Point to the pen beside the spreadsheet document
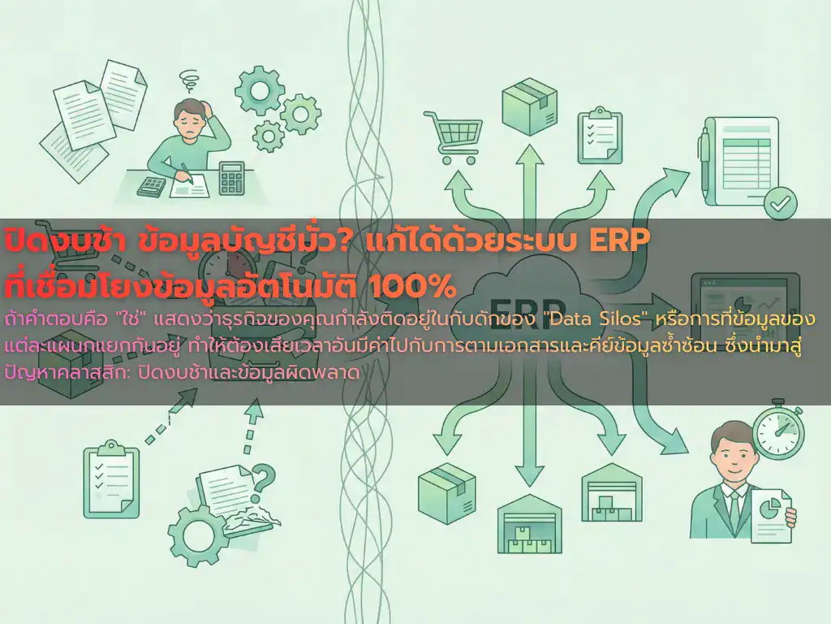(x=706, y=154)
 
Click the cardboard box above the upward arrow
(x=529, y=106)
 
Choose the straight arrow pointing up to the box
(x=529, y=181)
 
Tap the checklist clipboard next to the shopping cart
(x=600, y=136)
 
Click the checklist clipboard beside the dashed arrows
(x=111, y=479)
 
